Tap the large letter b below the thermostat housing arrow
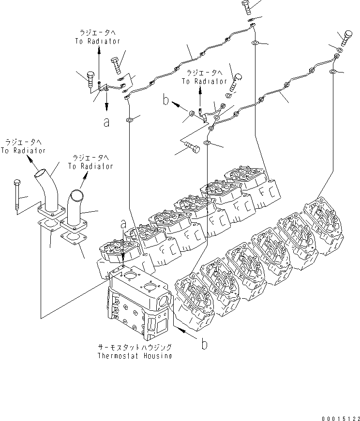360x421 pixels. (204, 344)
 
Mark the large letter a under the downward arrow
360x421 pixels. (106, 122)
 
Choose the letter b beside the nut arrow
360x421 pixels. (166, 101)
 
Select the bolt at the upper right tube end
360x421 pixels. (345, 38)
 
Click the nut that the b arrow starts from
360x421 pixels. (192, 114)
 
